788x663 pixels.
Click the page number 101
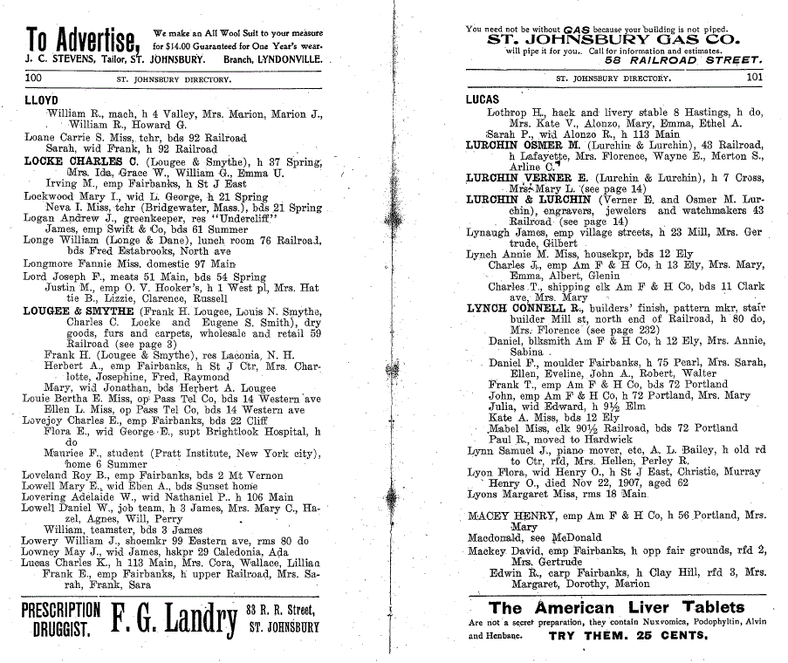pos(755,77)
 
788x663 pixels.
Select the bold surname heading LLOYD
pos(41,100)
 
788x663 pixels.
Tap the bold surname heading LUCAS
pos(483,99)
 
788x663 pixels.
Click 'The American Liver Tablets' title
pos(617,607)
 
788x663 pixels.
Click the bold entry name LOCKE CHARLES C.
pos(79,161)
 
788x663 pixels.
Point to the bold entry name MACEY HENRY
pos(510,516)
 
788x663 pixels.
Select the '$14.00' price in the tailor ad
pos(169,44)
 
